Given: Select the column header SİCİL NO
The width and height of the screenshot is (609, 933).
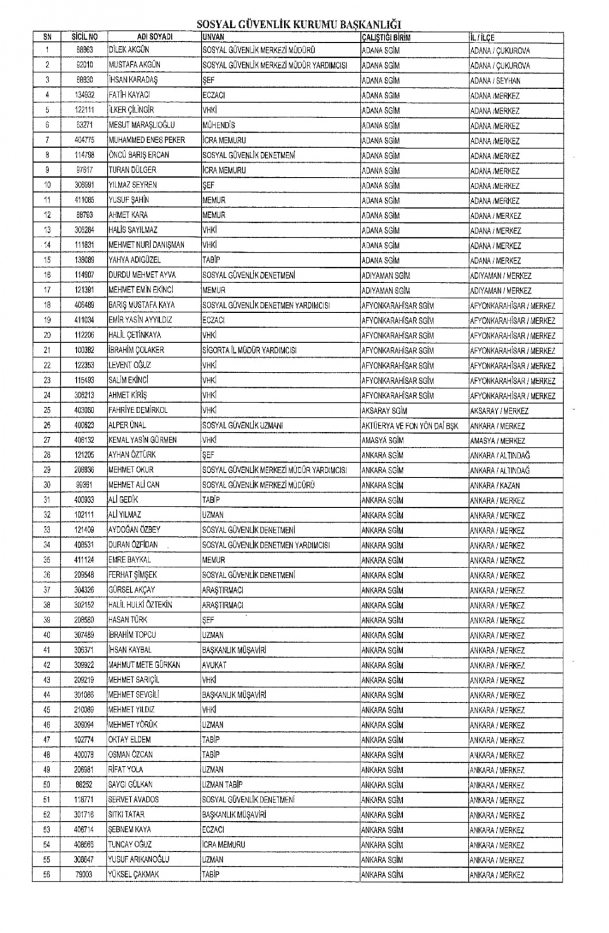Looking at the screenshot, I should pyautogui.click(x=84, y=37).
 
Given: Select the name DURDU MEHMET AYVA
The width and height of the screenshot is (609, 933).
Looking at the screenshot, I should pyautogui.click(x=142, y=275).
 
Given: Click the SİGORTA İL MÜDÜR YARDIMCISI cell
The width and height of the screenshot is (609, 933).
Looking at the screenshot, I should pyautogui.click(x=249, y=350).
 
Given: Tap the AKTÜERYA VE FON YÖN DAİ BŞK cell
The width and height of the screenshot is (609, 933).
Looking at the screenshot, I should pyautogui.click(x=409, y=426).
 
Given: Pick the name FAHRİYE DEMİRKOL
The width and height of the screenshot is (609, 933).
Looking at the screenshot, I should pyautogui.click(x=138, y=410).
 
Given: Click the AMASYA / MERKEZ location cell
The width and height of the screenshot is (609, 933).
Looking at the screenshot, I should pyautogui.click(x=497, y=440).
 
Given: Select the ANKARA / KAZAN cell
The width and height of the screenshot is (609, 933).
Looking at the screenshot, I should pyautogui.click(x=495, y=486).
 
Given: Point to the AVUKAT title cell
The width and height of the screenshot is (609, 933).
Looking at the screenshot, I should pyautogui.click(x=214, y=665).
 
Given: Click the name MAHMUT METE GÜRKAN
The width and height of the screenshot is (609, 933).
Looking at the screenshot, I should pyautogui.click(x=144, y=665).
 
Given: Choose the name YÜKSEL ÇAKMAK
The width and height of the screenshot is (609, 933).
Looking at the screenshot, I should pyautogui.click(x=133, y=874).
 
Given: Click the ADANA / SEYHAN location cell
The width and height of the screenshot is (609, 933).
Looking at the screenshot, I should pyautogui.click(x=495, y=81).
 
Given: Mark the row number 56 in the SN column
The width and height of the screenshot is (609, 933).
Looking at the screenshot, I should pyautogui.click(x=47, y=875).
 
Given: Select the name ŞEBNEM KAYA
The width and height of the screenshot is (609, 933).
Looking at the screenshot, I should pyautogui.click(x=133, y=830).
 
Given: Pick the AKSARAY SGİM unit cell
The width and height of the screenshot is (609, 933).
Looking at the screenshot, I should pyautogui.click(x=384, y=411).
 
